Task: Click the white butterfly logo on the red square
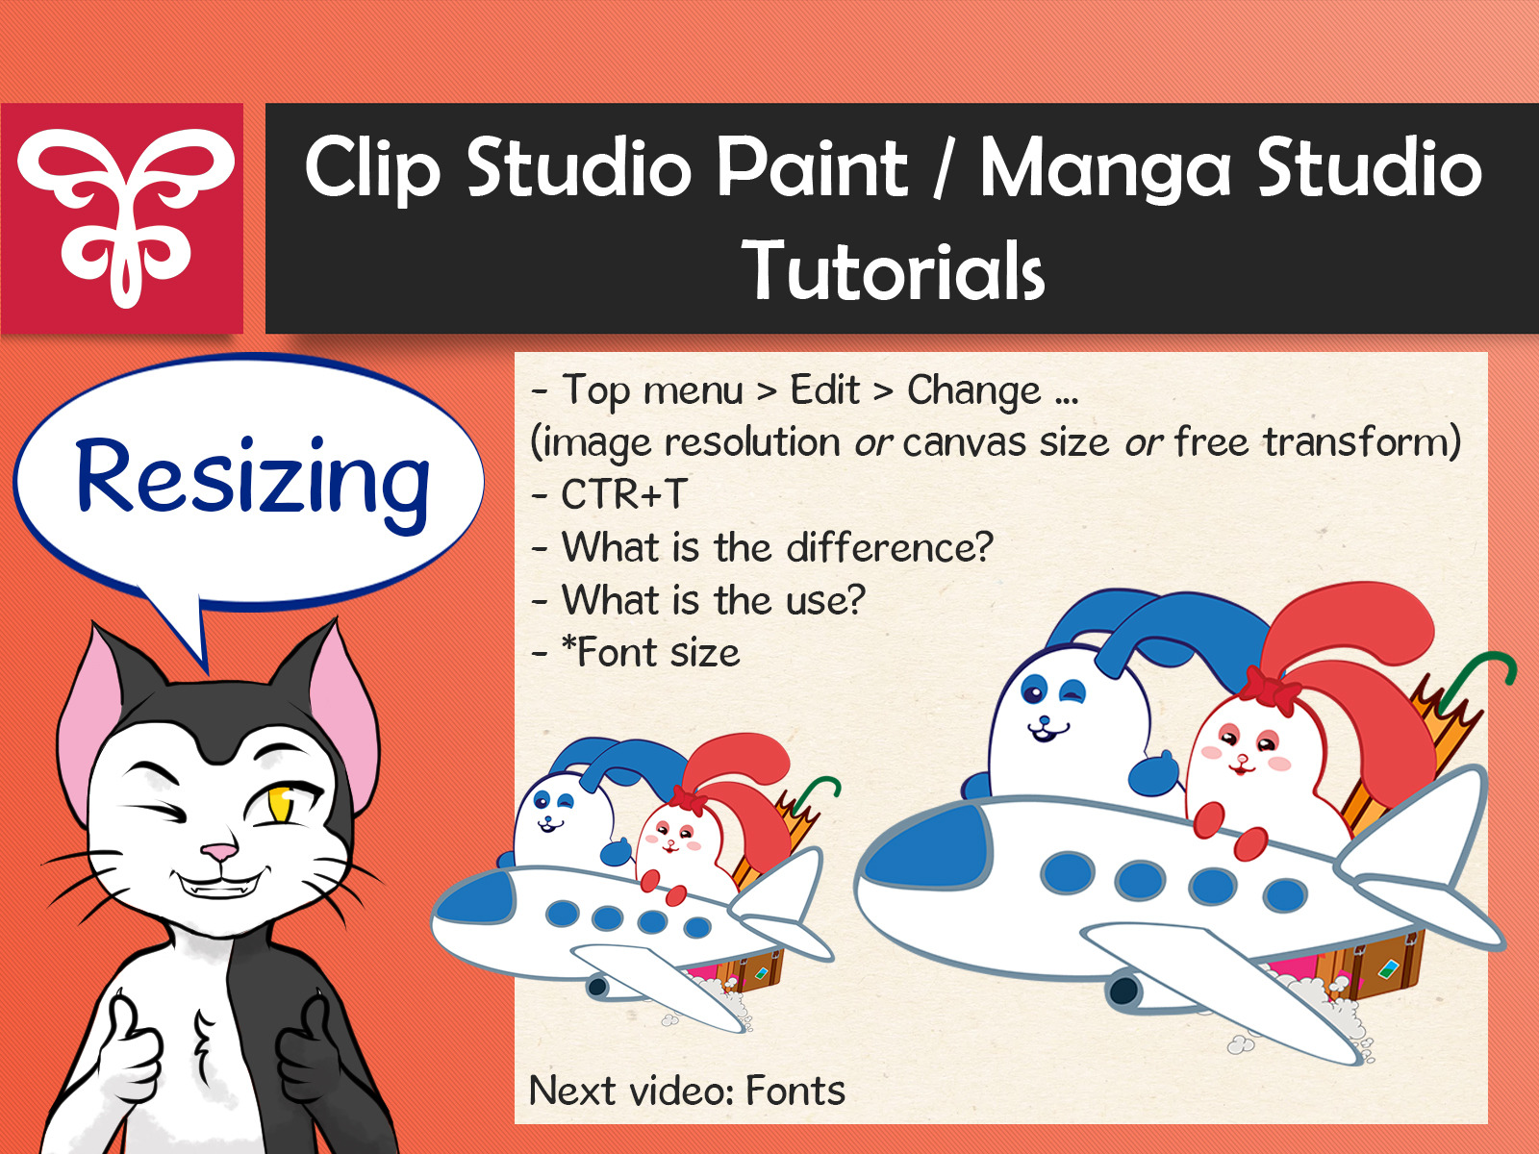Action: pos(125,217)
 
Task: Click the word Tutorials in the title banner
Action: pos(894,271)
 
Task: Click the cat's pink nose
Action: pos(219,852)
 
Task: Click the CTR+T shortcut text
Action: pos(623,494)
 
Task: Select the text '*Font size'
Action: pos(650,653)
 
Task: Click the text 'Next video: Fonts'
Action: pos(687,1091)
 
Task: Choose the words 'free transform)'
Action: pos(1318,442)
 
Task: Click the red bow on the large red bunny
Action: pos(1273,688)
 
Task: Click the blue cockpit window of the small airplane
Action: pos(477,898)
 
